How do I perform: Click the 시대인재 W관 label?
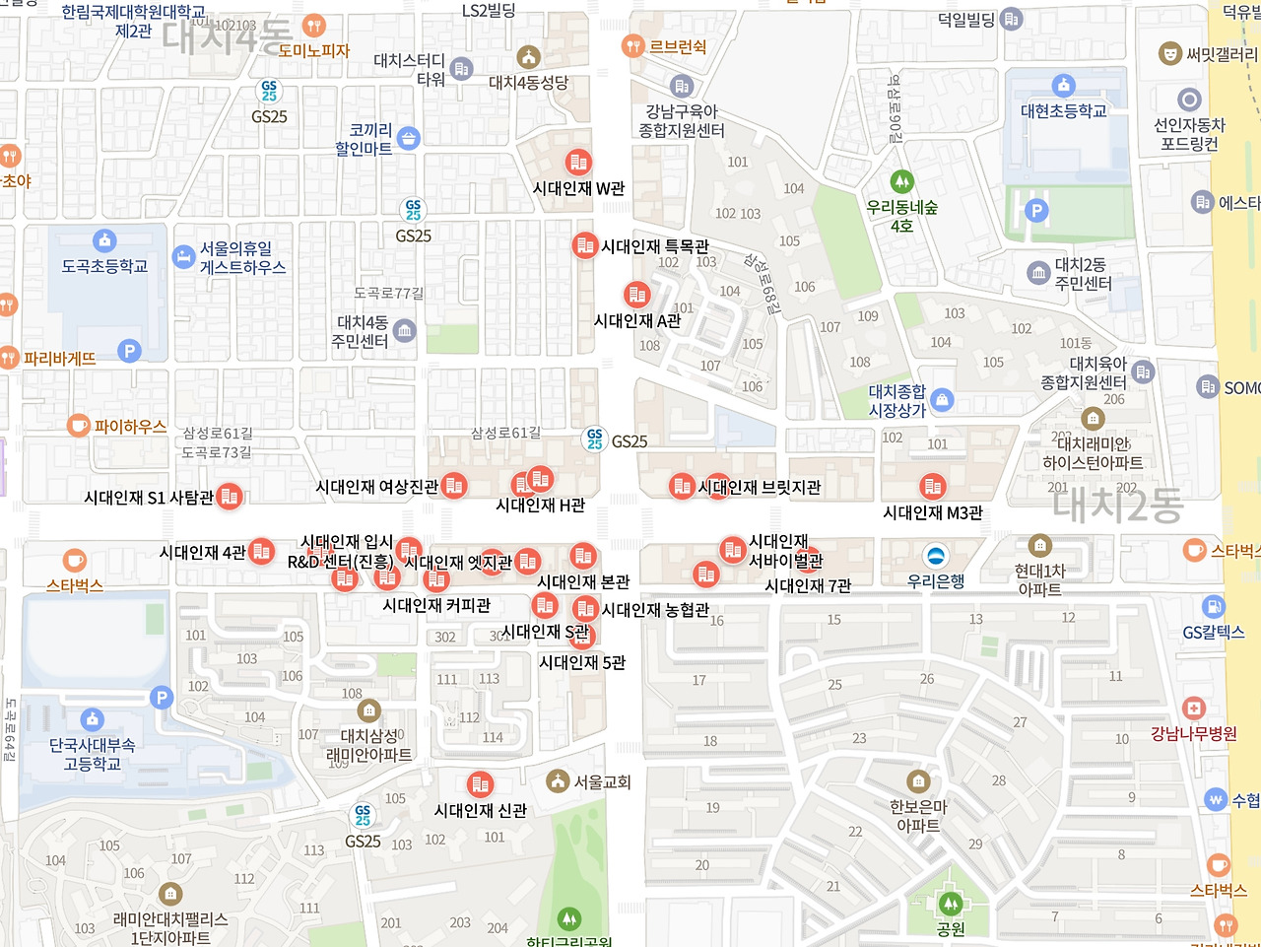[578, 188]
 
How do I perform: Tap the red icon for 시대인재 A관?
[636, 294]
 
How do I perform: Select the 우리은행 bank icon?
[936, 555]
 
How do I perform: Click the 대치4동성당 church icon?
[529, 56]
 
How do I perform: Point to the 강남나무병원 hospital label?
[1193, 733]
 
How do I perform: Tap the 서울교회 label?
[602, 781]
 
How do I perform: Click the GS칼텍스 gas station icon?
[1214, 607]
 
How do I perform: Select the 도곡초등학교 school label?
[104, 266]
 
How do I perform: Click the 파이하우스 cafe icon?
[78, 426]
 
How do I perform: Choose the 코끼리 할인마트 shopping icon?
[409, 138]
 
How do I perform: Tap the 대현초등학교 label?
[1063, 111]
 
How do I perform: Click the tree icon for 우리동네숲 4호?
[901, 181]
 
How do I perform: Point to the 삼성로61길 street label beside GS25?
[505, 433]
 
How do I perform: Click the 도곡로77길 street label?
[389, 293]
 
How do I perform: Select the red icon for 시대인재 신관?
[480, 784]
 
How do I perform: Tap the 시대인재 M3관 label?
[932, 512]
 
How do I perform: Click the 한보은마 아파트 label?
[918, 816]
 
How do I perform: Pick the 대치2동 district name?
[1117, 505]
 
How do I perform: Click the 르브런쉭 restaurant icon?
[632, 45]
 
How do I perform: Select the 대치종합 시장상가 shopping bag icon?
[942, 399]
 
